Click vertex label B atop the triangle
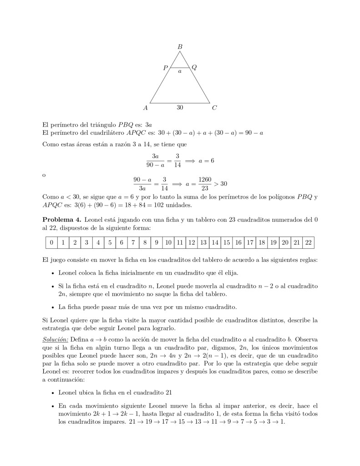click(180, 46)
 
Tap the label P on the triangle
click(165, 68)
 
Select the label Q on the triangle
click(194, 68)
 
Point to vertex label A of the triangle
click(145, 108)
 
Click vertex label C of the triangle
click(214, 108)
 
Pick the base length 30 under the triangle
click(180, 108)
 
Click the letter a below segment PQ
click(180, 72)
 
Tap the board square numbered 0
click(51, 242)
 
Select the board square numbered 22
click(309, 242)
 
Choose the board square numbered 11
click(180, 242)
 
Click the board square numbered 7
click(133, 242)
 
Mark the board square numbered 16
click(238, 242)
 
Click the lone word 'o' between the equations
click(44, 174)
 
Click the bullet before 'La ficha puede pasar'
click(53, 307)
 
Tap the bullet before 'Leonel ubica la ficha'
click(53, 393)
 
